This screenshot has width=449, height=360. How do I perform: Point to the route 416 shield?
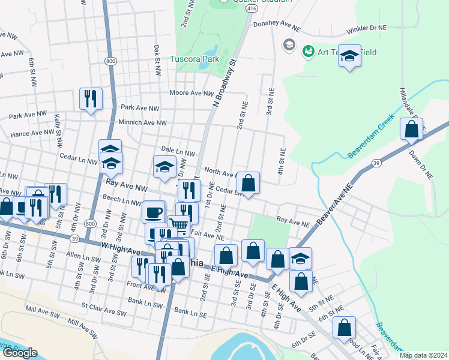252,10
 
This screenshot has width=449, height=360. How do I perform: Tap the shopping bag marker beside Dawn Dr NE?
412,130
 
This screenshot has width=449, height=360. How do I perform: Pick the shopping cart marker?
178,226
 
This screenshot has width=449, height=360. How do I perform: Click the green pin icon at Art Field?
309,52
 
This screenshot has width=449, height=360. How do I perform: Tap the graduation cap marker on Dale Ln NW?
164,168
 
